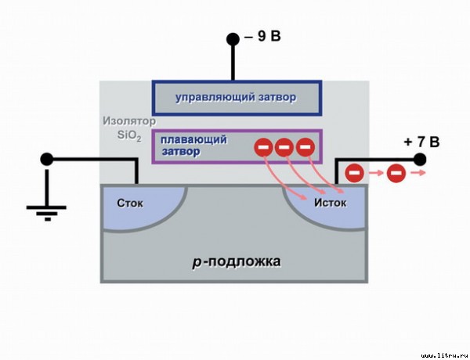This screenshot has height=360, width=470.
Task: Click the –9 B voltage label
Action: tap(262, 36)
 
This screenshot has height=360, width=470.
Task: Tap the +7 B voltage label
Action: tap(421, 142)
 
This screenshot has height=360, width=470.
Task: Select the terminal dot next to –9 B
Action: tap(233, 39)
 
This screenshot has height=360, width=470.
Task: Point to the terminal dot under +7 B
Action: tap(420, 160)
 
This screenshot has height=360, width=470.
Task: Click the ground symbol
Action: tap(46, 210)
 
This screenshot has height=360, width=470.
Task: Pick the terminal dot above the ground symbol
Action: tap(47, 159)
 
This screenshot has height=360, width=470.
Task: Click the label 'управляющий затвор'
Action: tap(236, 98)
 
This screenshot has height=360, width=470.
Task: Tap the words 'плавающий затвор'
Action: tap(193, 146)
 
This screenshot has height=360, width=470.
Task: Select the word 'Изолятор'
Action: tap(129, 121)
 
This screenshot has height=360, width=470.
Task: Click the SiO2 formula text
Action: tap(129, 135)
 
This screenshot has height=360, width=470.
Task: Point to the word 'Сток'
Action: tap(130, 203)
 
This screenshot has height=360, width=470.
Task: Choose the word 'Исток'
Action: tap(330, 203)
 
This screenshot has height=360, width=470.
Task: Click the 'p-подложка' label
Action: tap(237, 261)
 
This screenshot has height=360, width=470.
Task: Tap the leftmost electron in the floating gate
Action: tap(263, 147)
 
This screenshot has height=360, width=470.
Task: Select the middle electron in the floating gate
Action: tap(284, 147)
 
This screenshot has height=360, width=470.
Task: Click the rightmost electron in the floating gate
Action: tap(305, 147)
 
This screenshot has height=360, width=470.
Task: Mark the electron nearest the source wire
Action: tap(355, 173)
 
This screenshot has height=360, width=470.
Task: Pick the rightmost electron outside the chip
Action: tap(396, 173)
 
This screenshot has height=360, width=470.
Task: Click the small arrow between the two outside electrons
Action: tap(376, 173)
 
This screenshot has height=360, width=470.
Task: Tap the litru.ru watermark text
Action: tap(444, 355)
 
